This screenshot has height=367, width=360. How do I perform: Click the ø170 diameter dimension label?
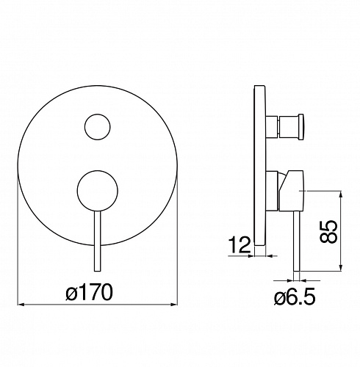point(89,292)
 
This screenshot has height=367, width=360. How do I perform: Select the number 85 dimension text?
point(328,231)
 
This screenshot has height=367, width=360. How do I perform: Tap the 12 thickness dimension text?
point(240,244)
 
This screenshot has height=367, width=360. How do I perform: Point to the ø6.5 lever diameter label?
point(295,297)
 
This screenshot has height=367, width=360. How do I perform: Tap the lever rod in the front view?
point(98,241)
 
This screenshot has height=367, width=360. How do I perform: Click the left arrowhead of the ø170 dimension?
point(21,305)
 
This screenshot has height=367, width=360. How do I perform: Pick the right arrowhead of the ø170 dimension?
point(174,305)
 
